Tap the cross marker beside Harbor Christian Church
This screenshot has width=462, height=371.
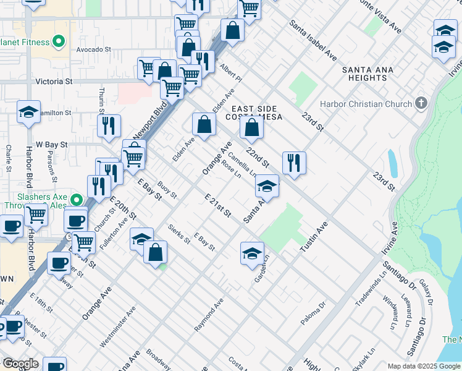421,103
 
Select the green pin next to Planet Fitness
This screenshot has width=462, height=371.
59,42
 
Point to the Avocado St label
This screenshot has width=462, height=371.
93,49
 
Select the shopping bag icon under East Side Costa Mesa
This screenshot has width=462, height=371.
252,128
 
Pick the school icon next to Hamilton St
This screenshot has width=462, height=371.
28,112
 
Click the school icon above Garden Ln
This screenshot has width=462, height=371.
252,254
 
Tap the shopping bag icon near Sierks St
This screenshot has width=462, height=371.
155,251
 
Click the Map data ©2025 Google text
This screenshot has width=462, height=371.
423,366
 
